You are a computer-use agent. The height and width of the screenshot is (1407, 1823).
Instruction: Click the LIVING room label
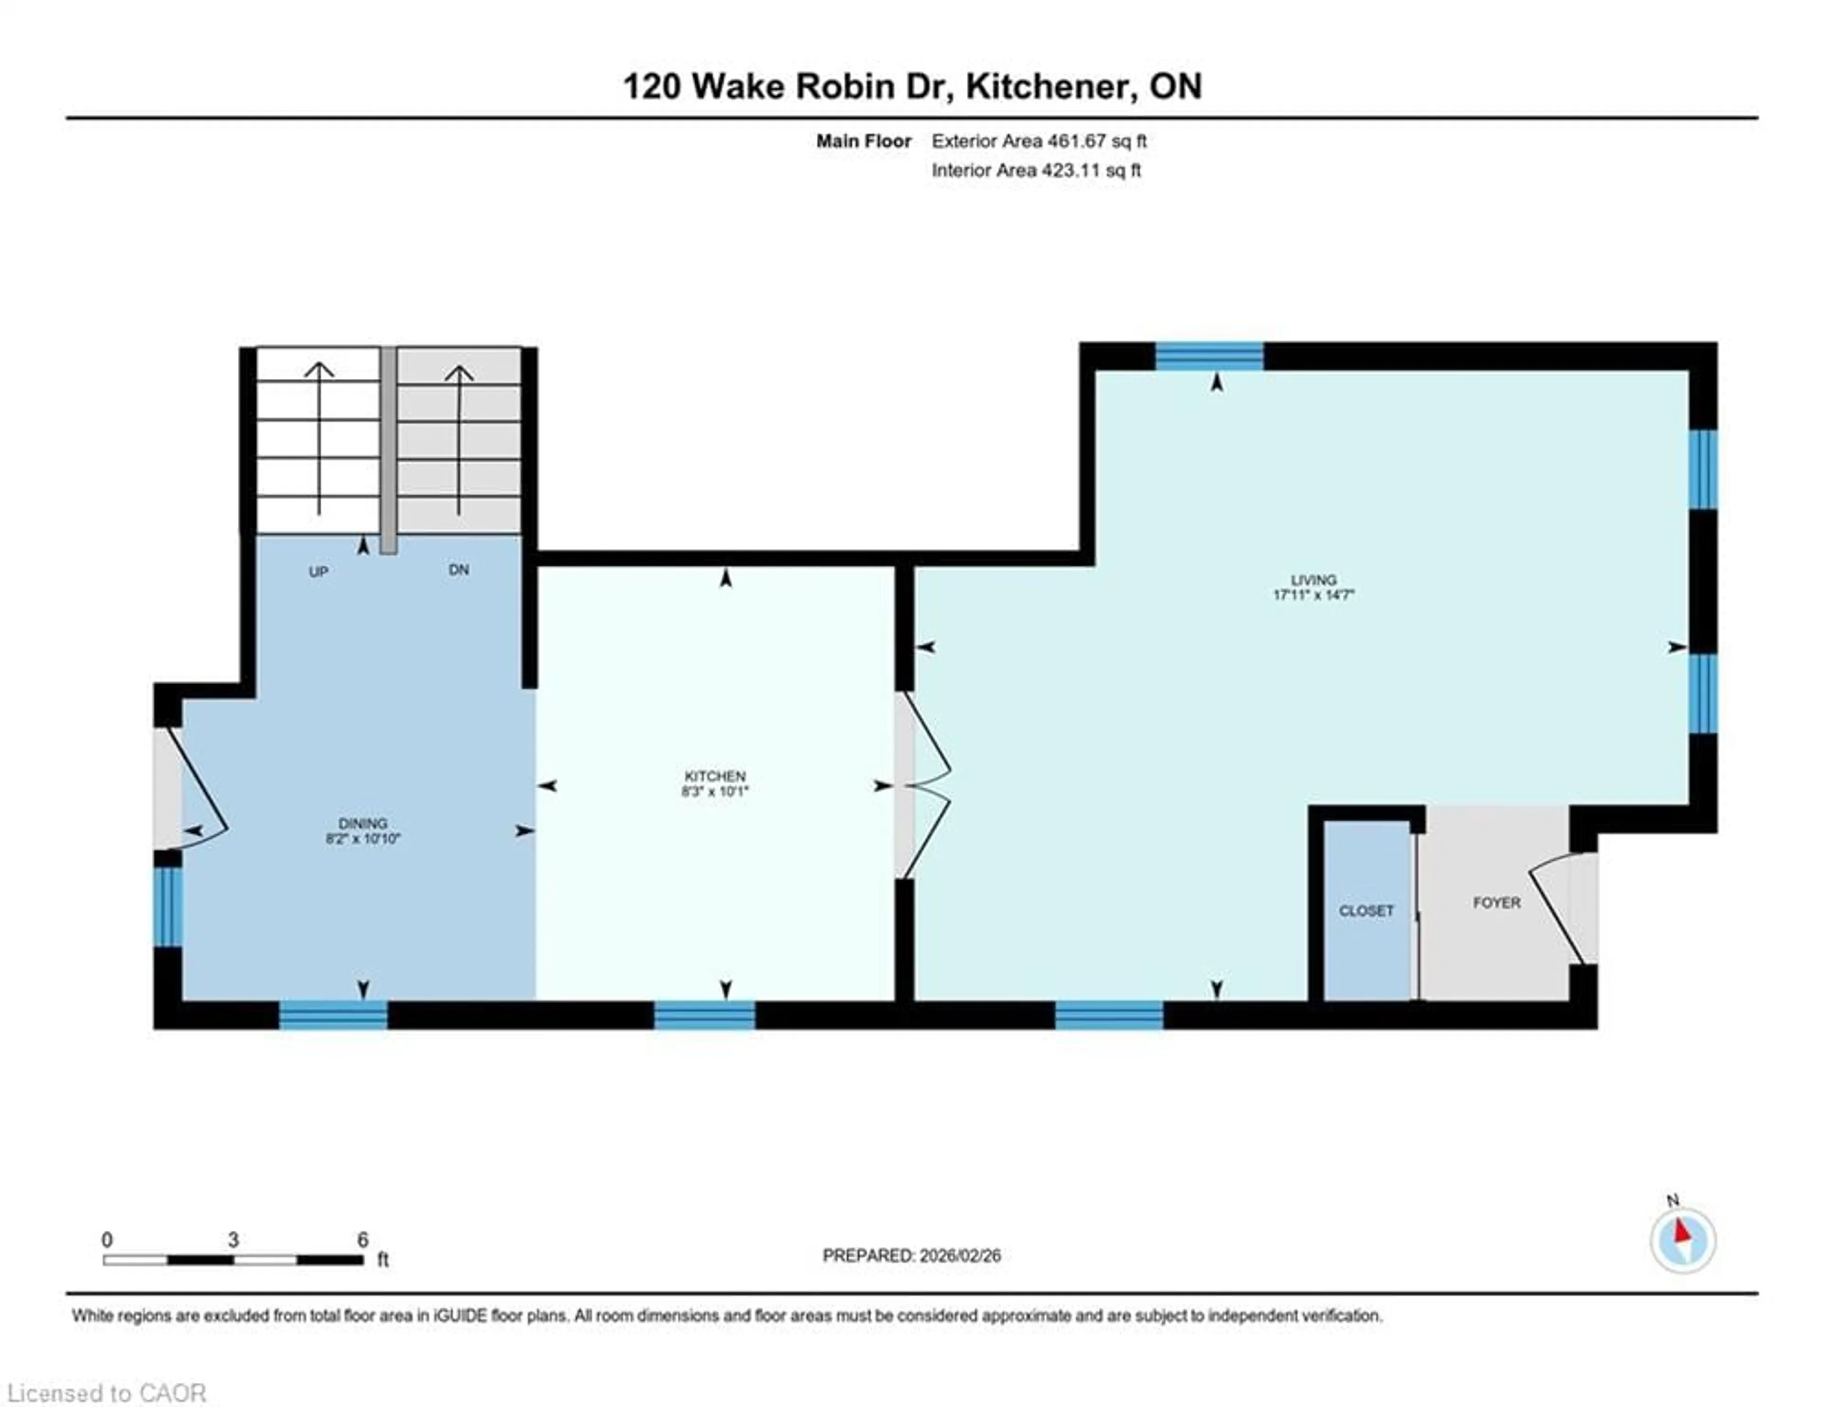(x=1313, y=579)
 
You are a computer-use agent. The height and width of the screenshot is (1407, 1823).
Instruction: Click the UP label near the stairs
(x=318, y=572)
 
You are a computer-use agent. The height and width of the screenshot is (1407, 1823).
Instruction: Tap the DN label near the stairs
(x=458, y=570)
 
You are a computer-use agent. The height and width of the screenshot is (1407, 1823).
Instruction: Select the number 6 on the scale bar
(x=362, y=1239)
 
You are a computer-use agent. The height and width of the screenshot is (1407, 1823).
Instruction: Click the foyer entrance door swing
(x=1557, y=910)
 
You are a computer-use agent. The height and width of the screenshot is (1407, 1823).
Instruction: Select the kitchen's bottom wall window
(x=705, y=1015)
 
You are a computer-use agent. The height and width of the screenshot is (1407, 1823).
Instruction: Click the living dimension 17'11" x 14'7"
(x=1313, y=595)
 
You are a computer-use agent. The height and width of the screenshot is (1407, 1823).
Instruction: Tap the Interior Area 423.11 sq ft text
(x=1036, y=170)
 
